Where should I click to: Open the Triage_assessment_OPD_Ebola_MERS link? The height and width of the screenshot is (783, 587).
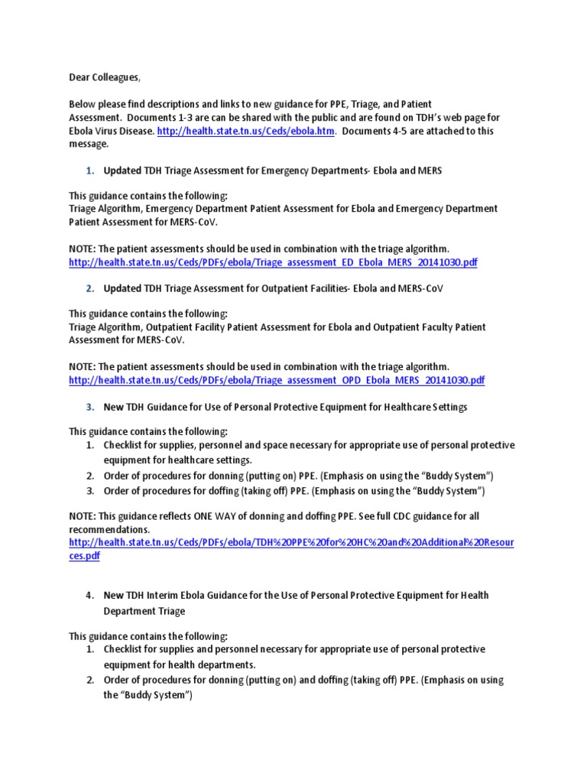click(x=277, y=380)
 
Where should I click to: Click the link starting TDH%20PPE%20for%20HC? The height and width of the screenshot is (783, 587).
click(x=291, y=543)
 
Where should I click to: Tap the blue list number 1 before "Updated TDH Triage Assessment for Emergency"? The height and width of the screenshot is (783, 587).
click(x=89, y=171)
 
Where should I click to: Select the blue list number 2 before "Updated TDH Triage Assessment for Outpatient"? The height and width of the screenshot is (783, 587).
click(x=89, y=289)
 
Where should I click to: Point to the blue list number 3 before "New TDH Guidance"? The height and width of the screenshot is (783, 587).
click(x=89, y=408)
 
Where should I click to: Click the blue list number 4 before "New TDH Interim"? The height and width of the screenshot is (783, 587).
click(x=89, y=595)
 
